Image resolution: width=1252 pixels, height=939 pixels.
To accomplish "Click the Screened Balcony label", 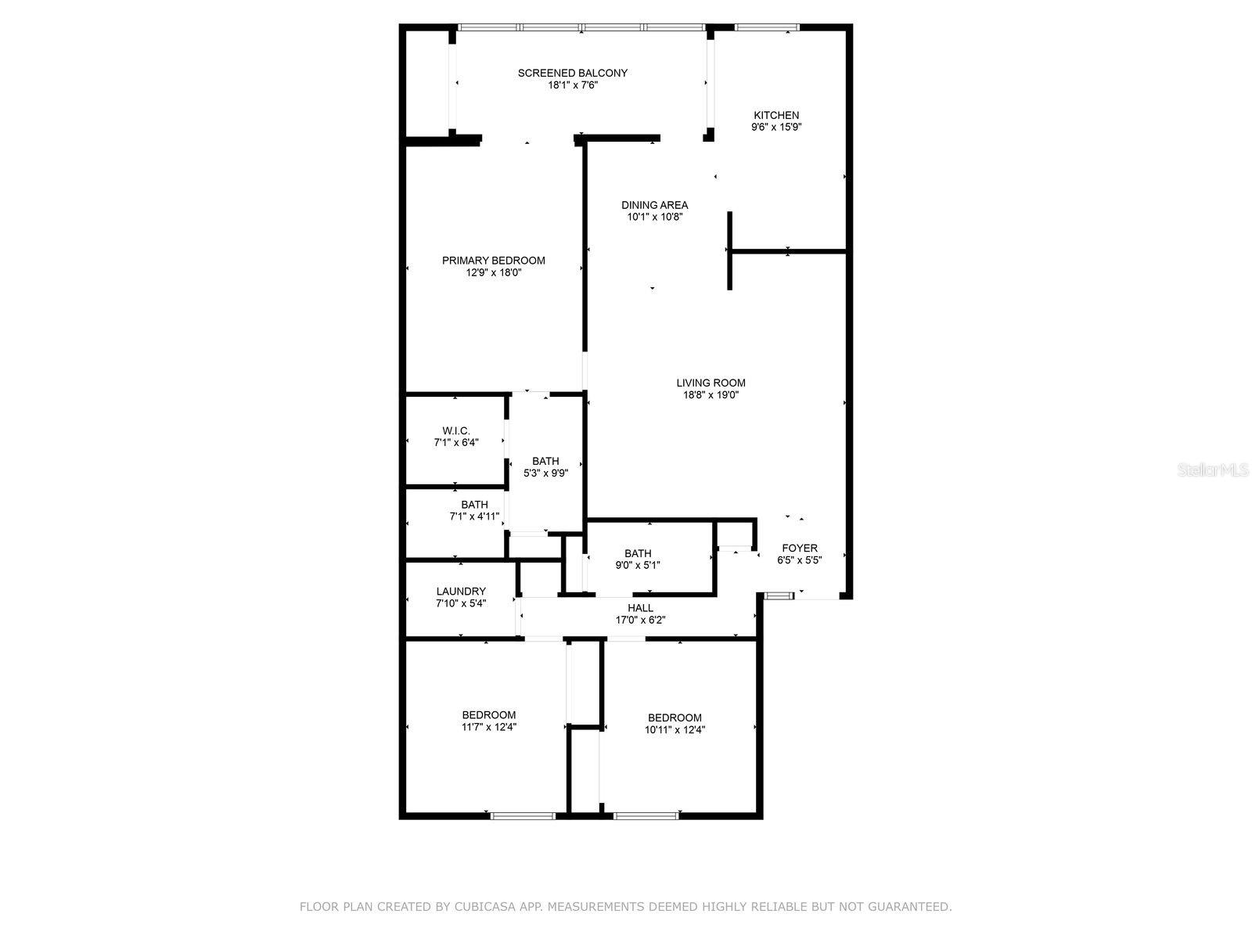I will (x=572, y=74).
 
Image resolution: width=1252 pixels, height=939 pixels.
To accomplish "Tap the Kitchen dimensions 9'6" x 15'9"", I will (x=776, y=127).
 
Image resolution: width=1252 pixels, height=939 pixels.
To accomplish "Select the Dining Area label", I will (x=655, y=206).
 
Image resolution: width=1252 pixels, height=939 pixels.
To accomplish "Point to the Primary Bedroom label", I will (x=493, y=261).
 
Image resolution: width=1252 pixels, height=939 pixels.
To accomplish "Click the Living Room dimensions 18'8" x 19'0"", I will (x=711, y=395).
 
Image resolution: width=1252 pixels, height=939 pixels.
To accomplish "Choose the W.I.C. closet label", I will (x=455, y=431).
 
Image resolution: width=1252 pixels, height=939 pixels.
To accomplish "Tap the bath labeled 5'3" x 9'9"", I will (x=545, y=467).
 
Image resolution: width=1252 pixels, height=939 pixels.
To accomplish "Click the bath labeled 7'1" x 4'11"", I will (x=474, y=511).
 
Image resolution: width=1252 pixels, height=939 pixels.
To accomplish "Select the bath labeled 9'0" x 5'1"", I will (x=638, y=559).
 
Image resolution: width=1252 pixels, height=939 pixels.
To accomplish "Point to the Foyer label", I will (x=799, y=549).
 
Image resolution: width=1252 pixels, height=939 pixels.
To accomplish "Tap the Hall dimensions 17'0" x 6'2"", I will (x=640, y=620).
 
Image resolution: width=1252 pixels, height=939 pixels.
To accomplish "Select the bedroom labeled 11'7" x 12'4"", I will (x=488, y=721).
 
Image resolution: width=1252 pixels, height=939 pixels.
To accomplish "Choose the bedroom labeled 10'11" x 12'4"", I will (x=675, y=724).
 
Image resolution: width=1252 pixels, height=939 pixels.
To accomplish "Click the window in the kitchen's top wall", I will (x=766, y=28).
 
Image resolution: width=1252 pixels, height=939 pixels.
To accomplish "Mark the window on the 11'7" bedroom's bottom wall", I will (x=523, y=816).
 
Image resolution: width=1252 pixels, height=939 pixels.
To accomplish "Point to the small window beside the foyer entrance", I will (x=779, y=596).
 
